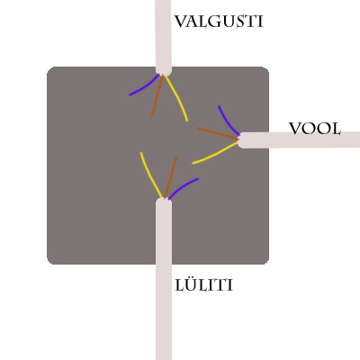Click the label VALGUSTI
click(219, 22)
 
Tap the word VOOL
click(315, 129)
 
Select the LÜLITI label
click(204, 284)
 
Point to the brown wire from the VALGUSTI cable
click(157, 95)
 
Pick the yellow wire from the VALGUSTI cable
click(178, 98)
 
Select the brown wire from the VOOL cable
click(218, 133)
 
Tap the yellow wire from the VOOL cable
click(216, 154)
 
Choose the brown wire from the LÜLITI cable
click(171, 177)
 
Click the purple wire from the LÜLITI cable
click(182, 187)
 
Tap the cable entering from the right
click(299, 139)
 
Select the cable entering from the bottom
click(164, 279)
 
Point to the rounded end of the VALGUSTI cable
click(164, 72)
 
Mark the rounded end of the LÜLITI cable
click(164, 202)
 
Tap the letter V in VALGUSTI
click(181, 22)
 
